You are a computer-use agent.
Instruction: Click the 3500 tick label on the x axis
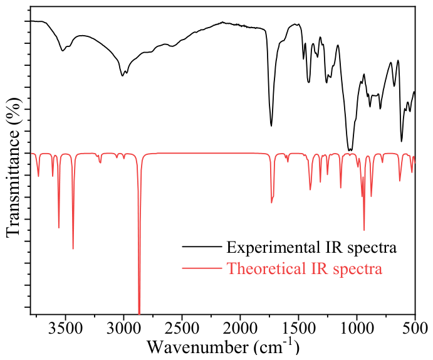coord(65,329)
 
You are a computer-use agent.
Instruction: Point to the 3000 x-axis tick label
coord(123,329)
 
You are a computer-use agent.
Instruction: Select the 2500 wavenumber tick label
coord(182,329)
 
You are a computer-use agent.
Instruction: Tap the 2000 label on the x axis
coord(240,329)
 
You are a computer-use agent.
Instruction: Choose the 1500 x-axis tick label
coord(298,329)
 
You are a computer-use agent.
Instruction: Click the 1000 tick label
coord(357,329)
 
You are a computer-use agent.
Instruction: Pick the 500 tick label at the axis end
coord(415,329)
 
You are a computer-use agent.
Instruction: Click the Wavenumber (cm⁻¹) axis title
coord(223,346)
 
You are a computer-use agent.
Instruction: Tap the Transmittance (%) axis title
coord(13,167)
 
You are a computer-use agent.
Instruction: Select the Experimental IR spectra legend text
coord(311,247)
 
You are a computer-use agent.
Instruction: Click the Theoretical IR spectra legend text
coord(305,268)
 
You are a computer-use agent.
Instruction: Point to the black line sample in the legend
coord(202,246)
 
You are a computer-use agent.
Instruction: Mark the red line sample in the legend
coord(202,268)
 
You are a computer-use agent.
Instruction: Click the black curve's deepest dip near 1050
coord(350,151)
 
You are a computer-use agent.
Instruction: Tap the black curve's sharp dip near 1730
coord(271,126)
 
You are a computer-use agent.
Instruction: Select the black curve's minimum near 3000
coord(122,76)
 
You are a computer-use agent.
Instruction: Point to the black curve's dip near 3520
coord(63,51)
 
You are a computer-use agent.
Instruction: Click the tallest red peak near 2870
coord(139,314)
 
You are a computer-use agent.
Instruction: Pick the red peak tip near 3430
coord(73,249)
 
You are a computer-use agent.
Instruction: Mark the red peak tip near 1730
coord(271,203)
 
